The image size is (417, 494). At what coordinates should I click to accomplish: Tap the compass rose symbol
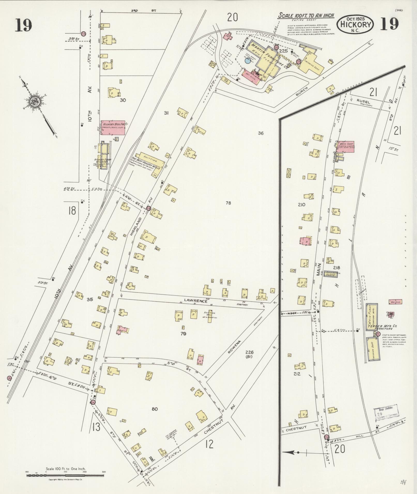click(x=34, y=101)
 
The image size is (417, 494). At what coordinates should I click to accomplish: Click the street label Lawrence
click(x=196, y=301)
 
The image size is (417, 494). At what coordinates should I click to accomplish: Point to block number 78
click(x=228, y=203)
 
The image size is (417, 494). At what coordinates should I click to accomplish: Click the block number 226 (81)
click(x=249, y=354)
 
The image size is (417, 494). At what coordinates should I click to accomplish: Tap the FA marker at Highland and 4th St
click(x=148, y=208)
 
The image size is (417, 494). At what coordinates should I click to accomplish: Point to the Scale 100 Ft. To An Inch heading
click(x=306, y=16)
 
